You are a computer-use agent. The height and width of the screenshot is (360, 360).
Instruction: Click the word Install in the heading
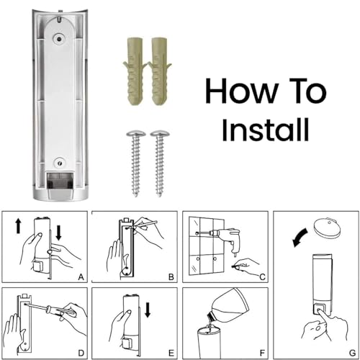click(x=265, y=130)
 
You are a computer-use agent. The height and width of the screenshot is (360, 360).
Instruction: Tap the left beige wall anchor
click(x=135, y=71)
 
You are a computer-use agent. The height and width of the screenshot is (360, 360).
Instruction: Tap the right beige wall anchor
click(x=160, y=71)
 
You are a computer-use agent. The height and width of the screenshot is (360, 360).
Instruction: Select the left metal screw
click(x=136, y=163)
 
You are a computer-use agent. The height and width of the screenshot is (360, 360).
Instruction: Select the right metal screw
click(x=159, y=163)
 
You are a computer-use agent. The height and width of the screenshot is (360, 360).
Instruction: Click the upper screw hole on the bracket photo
click(x=59, y=38)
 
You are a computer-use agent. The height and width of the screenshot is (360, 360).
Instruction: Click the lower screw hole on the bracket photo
click(x=60, y=163)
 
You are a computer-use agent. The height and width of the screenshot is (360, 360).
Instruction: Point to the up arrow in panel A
click(x=18, y=227)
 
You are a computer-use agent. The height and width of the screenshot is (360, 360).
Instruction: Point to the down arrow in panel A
click(x=58, y=233)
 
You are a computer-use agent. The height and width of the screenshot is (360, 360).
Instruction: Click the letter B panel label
click(x=171, y=277)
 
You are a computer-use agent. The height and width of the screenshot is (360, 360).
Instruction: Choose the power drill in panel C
click(x=225, y=238)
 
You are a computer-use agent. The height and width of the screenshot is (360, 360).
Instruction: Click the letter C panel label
click(x=262, y=277)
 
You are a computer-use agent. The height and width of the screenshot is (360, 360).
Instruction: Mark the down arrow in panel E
click(x=148, y=310)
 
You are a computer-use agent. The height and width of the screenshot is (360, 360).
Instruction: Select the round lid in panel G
click(x=327, y=228)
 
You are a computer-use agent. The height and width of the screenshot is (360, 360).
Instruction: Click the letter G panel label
click(x=352, y=353)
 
